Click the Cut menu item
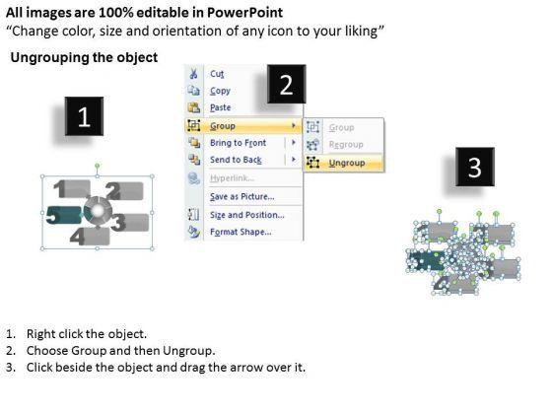tap(217, 74)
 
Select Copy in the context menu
tap(220, 91)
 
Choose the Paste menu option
tap(221, 107)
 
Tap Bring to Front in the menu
tap(238, 143)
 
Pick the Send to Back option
tap(236, 160)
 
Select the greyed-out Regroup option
tap(346, 144)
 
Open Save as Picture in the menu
tap(242, 196)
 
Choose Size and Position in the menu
tap(247, 215)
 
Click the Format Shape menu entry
tap(241, 232)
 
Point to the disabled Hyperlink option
tap(232, 178)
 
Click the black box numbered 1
tap(84, 116)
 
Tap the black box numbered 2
tap(286, 84)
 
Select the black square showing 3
tap(475, 167)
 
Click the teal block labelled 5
tap(64, 215)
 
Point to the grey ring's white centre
tap(98, 211)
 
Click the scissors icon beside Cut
tap(193, 74)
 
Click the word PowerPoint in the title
tap(244, 13)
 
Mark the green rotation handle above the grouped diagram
tap(98, 166)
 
